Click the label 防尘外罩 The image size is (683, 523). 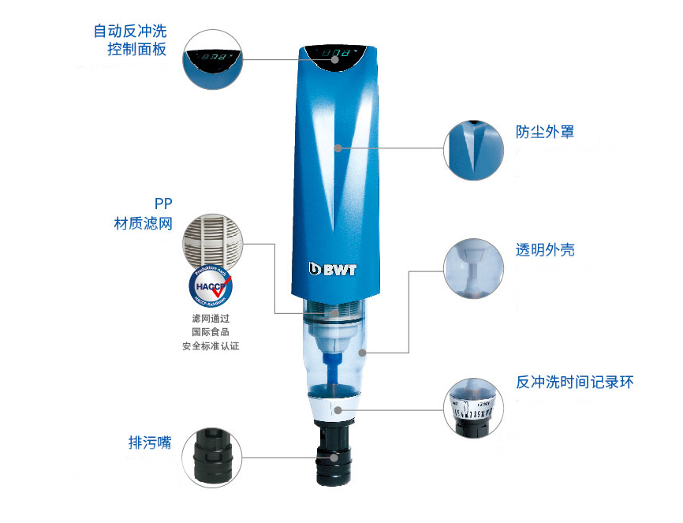[545, 131]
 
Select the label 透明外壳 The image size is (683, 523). [545, 250]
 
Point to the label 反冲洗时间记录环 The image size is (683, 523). [574, 383]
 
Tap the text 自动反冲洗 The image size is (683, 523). [130, 32]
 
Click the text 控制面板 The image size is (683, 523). [137, 50]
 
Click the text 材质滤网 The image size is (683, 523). [143, 224]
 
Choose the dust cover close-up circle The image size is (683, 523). [473, 150]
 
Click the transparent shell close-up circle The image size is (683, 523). [473, 269]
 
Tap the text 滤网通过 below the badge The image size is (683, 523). [210, 318]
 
